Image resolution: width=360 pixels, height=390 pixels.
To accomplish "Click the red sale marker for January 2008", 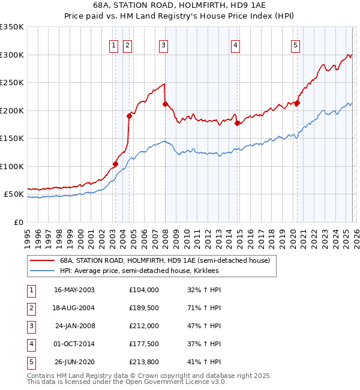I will click(x=164, y=104).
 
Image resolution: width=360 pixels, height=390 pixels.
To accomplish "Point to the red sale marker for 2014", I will click(x=237, y=123).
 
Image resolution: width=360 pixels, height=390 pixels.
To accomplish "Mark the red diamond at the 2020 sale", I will click(x=297, y=103).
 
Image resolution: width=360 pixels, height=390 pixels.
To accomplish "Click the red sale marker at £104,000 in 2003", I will click(x=115, y=164).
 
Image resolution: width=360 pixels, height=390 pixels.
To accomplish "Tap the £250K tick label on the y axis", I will click(x=12, y=83).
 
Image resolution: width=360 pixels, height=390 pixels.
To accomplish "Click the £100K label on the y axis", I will click(x=12, y=166).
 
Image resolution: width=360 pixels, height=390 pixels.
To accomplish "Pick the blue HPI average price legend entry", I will click(x=139, y=271).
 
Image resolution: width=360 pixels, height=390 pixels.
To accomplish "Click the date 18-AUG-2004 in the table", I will click(x=74, y=307).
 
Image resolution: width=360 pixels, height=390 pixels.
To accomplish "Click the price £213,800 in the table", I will click(x=143, y=361).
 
